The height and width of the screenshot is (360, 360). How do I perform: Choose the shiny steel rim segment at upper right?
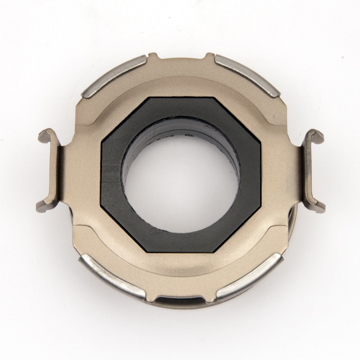coord(247,74)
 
